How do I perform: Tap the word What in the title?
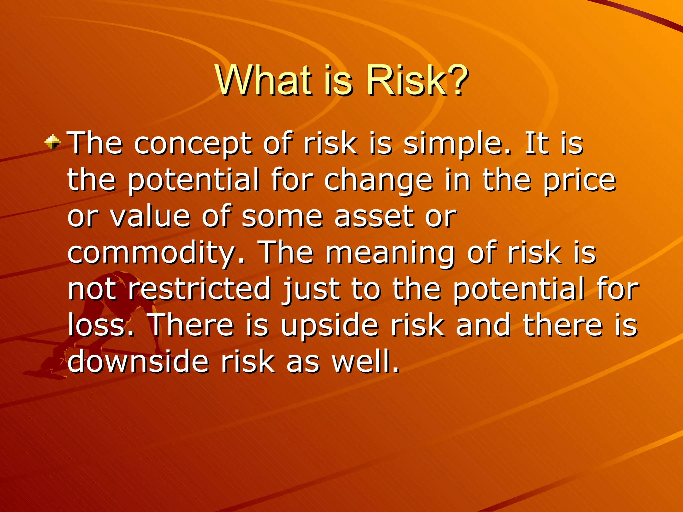point(263,81)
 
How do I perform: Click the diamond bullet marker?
point(53,142)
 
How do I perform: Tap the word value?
point(150,217)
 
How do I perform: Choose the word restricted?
point(199,289)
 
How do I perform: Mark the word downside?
point(138,361)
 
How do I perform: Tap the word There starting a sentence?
point(192,325)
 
